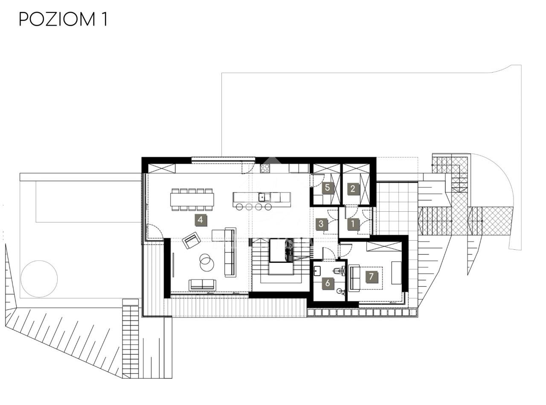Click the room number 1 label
[353, 224]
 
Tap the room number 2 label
[353, 189]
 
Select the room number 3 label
[321, 224]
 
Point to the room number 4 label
[200, 220]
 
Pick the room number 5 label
[327, 188]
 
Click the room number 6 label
[328, 283]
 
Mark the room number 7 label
[371, 277]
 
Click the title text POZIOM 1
[63, 19]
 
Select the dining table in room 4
[192, 200]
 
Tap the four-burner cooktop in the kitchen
[265, 169]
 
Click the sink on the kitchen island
[264, 197]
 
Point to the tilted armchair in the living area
[191, 240]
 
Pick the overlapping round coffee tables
[206, 262]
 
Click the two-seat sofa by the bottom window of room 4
[202, 285]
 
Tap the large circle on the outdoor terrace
[39, 279]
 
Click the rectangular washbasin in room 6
[317, 271]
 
